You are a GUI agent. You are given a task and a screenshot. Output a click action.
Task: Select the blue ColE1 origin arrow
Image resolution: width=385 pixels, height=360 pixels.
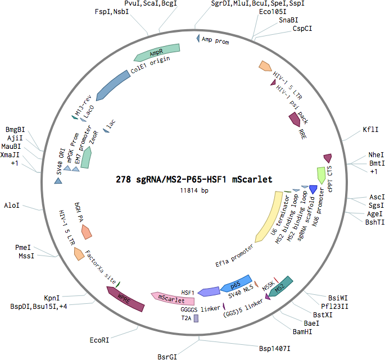coord(112,85)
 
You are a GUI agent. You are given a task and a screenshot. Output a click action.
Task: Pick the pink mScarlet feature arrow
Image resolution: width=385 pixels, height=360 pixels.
coord(173,299)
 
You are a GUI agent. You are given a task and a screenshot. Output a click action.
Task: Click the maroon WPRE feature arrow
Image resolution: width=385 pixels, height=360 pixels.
coord(125,299)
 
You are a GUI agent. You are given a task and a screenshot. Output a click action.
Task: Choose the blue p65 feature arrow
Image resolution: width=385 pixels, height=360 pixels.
coord(236,284)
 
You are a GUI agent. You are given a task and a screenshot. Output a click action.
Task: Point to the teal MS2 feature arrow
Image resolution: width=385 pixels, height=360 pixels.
coord(280,286)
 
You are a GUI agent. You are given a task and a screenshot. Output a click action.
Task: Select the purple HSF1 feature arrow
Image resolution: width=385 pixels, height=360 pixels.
coord(209,291)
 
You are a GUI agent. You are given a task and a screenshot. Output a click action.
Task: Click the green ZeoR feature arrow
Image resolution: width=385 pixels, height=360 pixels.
coord(86,157)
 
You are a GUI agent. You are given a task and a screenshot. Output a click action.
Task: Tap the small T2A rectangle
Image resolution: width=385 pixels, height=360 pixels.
coord(196,318)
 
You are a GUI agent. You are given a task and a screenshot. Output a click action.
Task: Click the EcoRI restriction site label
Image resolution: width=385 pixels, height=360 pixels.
coord(99,340)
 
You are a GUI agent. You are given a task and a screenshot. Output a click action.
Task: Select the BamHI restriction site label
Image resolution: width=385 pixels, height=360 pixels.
coord(302,332)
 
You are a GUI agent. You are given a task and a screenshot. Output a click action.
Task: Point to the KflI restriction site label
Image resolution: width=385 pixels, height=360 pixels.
coord(370,130)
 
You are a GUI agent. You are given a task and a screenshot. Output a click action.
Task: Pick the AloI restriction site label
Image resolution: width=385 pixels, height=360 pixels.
coord(12,206)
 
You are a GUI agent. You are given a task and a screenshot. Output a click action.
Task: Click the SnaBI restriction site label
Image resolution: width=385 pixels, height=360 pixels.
coord(288,20)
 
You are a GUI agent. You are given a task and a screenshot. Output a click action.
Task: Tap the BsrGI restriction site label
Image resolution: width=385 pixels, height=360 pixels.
coord(167,357)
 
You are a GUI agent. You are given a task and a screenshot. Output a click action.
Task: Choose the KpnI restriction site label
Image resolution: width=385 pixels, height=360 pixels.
coord(52,298)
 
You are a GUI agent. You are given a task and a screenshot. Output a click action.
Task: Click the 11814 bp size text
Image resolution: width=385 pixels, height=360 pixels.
coord(194,190)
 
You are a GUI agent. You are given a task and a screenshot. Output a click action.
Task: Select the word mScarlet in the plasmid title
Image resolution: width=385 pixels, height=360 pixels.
coord(252,179)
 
